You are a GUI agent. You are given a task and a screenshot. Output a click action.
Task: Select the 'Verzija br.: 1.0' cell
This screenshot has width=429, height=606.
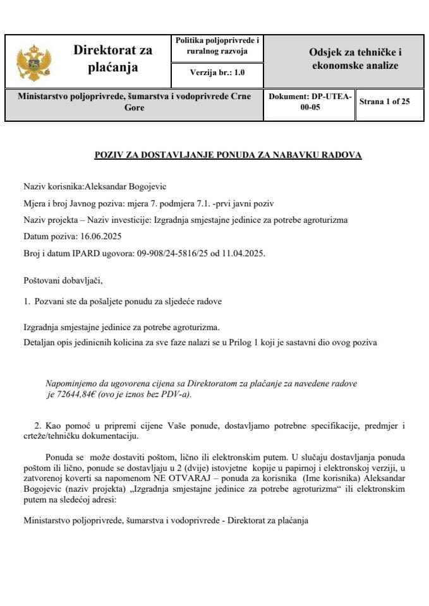point(217,73)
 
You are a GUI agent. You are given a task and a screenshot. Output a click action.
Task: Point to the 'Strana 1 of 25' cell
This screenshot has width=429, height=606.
point(385,101)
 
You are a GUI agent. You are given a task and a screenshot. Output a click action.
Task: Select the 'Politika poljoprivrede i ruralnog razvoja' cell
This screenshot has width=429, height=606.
point(217,46)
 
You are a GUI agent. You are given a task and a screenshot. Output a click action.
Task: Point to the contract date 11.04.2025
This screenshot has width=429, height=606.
point(243,253)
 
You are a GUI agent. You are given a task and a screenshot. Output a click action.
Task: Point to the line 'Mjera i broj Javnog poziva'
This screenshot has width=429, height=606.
point(148,203)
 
